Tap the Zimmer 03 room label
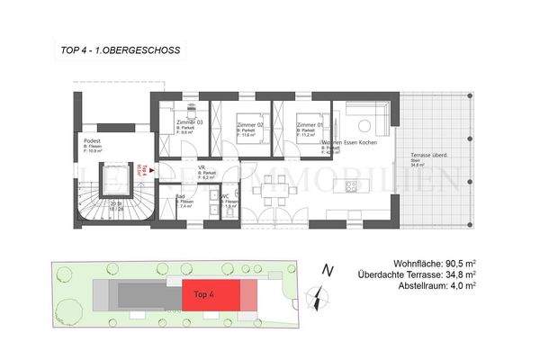(188, 121)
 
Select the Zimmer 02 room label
(249, 121)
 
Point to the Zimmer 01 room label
(311, 121)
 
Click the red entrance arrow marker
(152, 168)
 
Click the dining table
(277, 191)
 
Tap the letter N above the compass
(328, 269)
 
